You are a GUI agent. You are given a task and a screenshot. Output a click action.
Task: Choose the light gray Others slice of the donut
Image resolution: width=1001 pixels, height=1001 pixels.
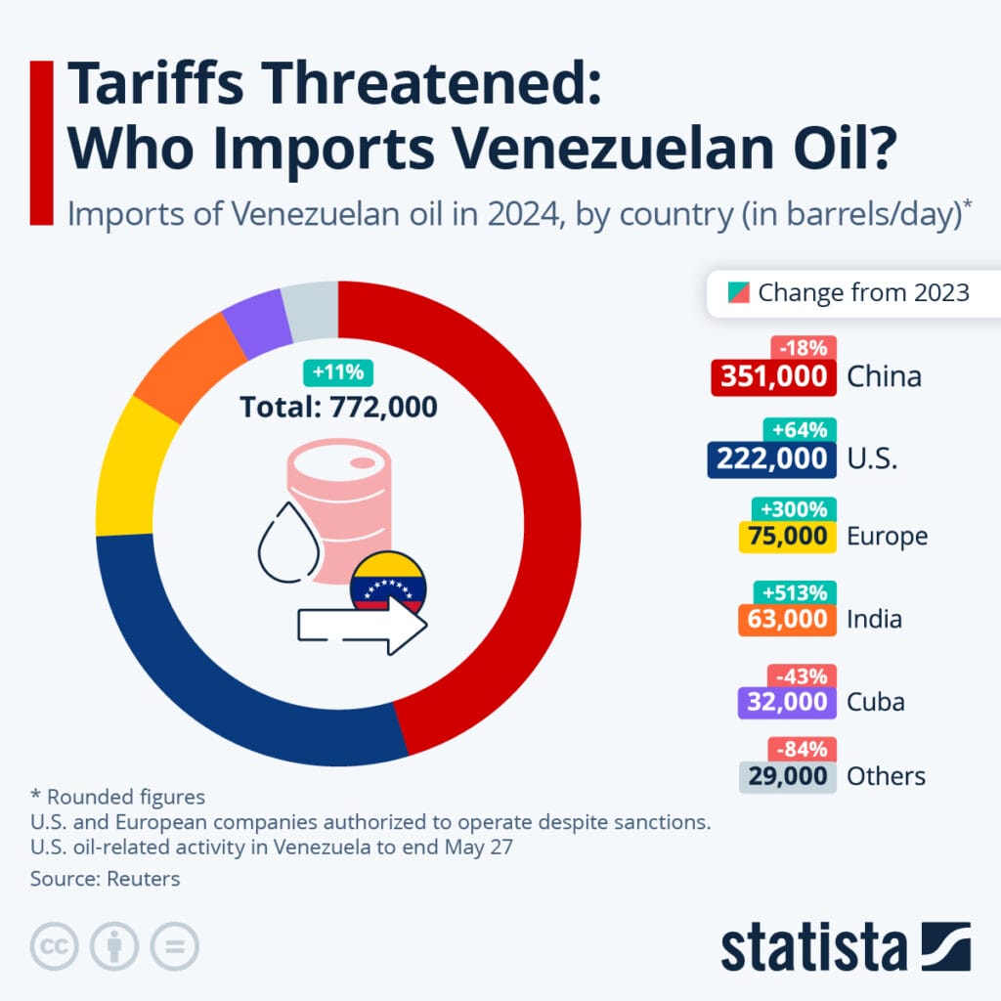click(311, 307)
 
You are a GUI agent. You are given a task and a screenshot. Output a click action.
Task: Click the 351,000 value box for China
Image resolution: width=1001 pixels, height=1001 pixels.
click(773, 376)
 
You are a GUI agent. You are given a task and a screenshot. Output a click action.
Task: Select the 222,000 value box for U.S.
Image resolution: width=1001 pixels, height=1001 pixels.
click(770, 458)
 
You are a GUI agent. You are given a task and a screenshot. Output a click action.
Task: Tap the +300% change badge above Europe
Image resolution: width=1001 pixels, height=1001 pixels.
click(796, 509)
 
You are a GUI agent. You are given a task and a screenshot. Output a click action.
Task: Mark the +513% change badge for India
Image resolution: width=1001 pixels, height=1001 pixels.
click(796, 592)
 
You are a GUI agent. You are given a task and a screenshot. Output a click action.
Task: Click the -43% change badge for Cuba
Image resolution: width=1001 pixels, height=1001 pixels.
click(804, 675)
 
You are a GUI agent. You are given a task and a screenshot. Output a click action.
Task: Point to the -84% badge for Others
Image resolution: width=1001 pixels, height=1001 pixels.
click(804, 750)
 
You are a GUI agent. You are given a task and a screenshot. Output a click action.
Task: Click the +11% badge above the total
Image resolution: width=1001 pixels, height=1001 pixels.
click(337, 371)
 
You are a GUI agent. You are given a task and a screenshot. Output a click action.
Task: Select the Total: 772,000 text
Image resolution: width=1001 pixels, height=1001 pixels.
click(338, 406)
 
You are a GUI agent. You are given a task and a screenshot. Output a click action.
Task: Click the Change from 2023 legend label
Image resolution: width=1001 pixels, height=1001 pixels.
click(863, 292)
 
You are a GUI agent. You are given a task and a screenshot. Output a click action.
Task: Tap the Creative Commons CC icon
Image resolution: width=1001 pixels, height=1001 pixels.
click(55, 945)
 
